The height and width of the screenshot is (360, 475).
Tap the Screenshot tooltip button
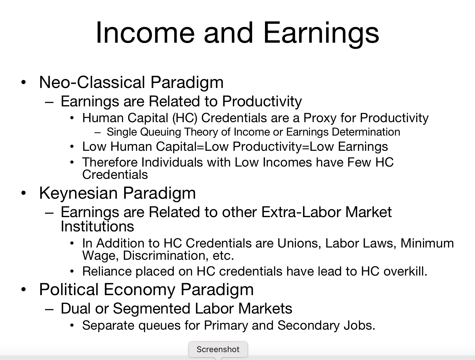[218, 349]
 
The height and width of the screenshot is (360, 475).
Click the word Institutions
[97, 226]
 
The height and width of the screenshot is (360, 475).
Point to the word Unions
[298, 243]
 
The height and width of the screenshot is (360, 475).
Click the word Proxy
[320, 118]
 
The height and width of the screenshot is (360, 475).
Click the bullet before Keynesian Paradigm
[24, 193]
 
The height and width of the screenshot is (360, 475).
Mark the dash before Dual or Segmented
[49, 309]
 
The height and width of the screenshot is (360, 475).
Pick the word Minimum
[427, 243]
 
